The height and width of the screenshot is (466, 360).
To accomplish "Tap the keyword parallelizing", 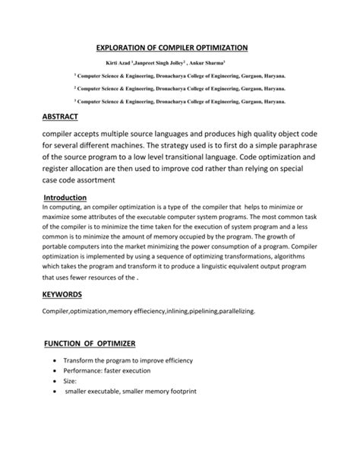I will pos(229,311).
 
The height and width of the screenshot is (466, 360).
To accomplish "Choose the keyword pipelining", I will pos(183,311).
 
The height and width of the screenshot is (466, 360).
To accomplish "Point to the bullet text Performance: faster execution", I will pos(107,370).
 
